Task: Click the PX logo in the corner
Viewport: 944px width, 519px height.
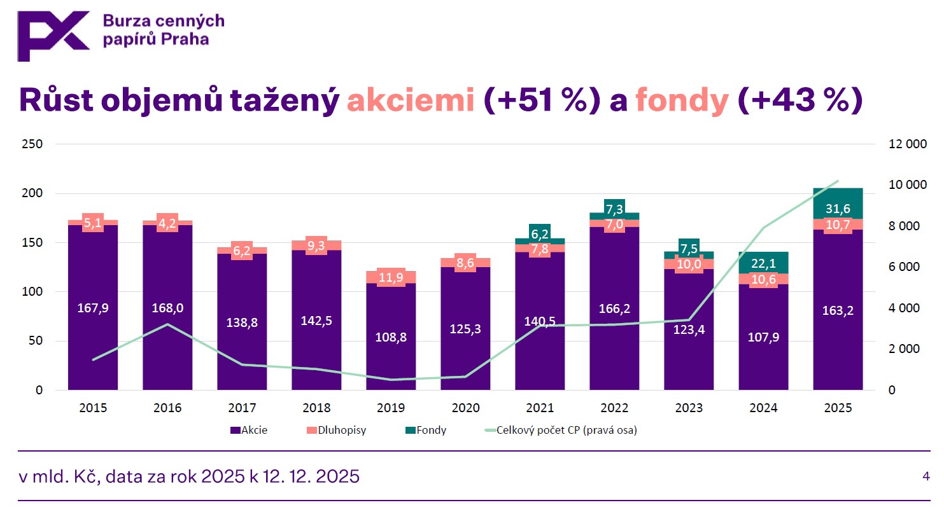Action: [x=53, y=36]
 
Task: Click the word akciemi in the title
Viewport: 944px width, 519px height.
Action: [x=411, y=100]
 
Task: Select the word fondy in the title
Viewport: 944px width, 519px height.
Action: [x=682, y=100]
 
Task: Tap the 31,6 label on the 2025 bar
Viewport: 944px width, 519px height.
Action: [x=838, y=209]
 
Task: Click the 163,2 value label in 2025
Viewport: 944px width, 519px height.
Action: [x=838, y=310]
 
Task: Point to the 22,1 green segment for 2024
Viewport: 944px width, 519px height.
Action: [x=763, y=263]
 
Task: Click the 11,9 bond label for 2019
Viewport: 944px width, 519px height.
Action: [x=391, y=277]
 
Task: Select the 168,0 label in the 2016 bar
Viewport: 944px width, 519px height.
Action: [x=167, y=308]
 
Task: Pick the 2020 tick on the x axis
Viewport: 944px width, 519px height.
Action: [x=465, y=408]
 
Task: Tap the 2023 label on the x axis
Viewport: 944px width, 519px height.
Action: [x=689, y=408]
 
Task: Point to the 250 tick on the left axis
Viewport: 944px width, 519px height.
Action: [x=32, y=144]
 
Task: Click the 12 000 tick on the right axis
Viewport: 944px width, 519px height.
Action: [x=907, y=144]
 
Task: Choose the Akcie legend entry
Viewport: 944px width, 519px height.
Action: [x=249, y=430]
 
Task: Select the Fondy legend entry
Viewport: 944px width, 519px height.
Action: [x=426, y=430]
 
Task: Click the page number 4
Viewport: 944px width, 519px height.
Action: [x=926, y=476]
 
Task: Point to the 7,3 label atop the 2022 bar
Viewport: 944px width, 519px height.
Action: [x=614, y=209]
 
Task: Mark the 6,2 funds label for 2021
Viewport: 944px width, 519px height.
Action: [x=540, y=234]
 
